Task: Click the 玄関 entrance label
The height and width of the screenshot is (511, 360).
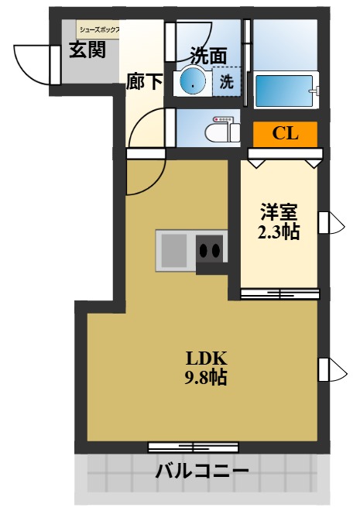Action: coord(87,50)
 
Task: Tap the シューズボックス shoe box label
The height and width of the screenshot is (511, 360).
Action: coord(100,30)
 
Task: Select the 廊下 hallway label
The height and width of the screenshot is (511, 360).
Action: coord(144,81)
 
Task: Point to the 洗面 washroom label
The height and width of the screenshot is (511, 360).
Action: coord(208,56)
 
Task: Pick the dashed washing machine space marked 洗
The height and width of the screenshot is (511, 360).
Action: coord(227,81)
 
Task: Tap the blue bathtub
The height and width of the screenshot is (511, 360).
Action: coord(284,91)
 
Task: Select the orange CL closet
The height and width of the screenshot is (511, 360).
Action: coord(285,134)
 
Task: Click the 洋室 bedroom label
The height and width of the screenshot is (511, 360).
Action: coord(279,211)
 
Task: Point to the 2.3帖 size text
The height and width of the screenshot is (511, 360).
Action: coord(279,231)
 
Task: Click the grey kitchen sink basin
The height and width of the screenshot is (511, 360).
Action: coord(174,250)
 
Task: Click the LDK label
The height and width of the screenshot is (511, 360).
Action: coord(206,358)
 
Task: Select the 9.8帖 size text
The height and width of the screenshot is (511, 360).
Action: coord(206,378)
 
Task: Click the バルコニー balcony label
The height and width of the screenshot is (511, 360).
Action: coord(201,471)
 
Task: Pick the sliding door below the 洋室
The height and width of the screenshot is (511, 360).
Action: coord(280,294)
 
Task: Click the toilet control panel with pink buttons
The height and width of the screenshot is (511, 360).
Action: coord(222,119)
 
